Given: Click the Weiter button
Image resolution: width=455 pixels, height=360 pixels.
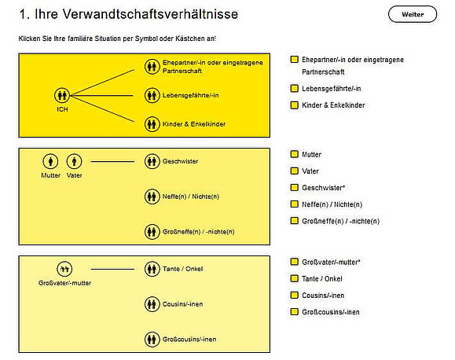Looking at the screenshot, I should tap(412, 14).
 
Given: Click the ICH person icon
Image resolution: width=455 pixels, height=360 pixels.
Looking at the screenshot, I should tap(63, 95).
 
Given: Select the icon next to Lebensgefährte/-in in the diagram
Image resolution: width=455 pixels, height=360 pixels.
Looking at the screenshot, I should tap(152, 95).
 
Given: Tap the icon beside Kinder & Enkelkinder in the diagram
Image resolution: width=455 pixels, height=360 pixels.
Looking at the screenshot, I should tap(152, 123).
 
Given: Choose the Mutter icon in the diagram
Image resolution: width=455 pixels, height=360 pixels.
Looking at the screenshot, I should tap(51, 161).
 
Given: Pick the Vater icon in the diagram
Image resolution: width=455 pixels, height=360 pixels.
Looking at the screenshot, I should tap(74, 161).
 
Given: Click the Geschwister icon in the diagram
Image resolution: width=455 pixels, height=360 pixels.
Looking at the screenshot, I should tap(152, 161).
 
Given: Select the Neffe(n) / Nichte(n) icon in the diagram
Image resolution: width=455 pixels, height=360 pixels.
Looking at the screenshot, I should tap(152, 197).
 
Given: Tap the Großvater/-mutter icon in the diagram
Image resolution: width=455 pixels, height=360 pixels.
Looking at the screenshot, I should tap(64, 269).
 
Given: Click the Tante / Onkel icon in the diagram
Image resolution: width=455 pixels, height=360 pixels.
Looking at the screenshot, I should tap(152, 269).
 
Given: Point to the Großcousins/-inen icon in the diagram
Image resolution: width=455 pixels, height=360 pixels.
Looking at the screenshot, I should tap(152, 339).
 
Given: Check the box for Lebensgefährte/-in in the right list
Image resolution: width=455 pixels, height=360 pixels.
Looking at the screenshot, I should tap(294, 88).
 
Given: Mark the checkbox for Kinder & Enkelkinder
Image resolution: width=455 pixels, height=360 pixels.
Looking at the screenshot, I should tap(294, 105).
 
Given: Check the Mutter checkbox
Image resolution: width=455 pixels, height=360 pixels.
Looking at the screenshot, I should tap(294, 155).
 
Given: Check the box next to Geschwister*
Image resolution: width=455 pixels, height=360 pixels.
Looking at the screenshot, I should tap(294, 188).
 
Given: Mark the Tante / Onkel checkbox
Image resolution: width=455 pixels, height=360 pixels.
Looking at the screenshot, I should tap(294, 278).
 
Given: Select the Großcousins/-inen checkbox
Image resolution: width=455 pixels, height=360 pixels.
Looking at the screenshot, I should tap(294, 312).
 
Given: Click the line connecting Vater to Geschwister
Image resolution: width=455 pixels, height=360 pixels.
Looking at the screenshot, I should tap(115, 161).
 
